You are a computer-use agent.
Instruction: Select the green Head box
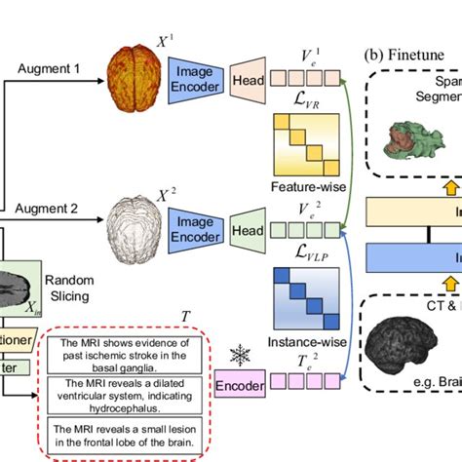[247, 231]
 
